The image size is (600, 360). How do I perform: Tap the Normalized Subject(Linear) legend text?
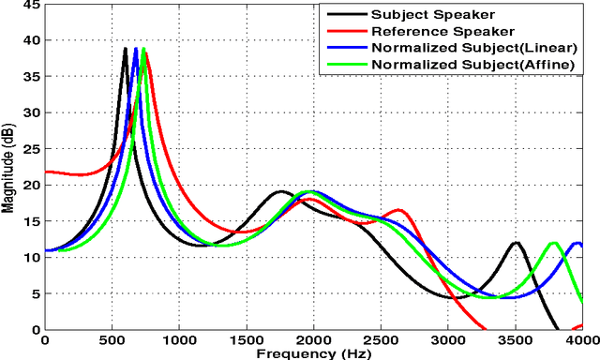pos(472,47)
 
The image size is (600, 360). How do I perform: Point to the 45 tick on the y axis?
pos(32,7)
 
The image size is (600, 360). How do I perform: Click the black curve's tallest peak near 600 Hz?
pos(126,49)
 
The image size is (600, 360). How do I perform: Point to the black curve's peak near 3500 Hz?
pos(515,243)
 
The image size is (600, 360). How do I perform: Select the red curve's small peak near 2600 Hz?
pos(398,210)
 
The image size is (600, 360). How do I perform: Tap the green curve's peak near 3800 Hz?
pos(554,243)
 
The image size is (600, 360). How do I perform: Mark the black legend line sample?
pos(340,14)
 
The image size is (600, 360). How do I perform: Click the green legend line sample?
pos(340,64)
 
